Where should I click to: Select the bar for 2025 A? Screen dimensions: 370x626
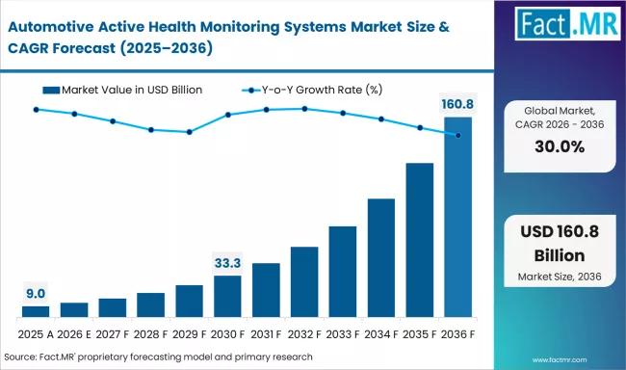click(x=36, y=311)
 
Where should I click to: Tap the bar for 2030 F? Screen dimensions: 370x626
click(x=227, y=296)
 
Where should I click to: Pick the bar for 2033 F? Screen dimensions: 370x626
click(x=343, y=272)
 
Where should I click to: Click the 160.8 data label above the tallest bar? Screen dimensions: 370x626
click(x=458, y=104)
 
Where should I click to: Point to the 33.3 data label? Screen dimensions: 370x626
click(x=227, y=262)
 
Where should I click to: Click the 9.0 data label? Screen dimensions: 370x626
click(x=36, y=293)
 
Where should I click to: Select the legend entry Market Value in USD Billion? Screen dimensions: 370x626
click(x=125, y=90)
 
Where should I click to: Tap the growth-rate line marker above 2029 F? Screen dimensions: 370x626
click(x=190, y=132)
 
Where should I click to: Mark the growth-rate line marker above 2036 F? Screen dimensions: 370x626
click(x=458, y=135)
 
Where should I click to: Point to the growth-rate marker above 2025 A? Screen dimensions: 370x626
click(x=36, y=110)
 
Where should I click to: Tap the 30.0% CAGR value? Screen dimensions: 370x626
click(x=560, y=146)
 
